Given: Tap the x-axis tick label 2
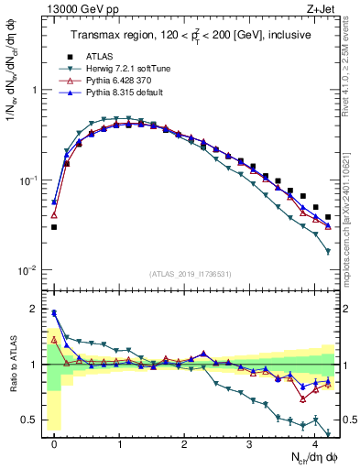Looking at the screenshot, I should pos(185,442).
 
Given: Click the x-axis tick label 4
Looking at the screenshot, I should pos(315,442).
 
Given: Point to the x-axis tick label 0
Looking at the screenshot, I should pos(54,442).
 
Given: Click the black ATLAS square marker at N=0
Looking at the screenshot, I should pos(54,227).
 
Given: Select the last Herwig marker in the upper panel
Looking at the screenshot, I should pos(328,251).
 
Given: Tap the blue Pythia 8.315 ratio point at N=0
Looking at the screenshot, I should pos(54,312).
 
